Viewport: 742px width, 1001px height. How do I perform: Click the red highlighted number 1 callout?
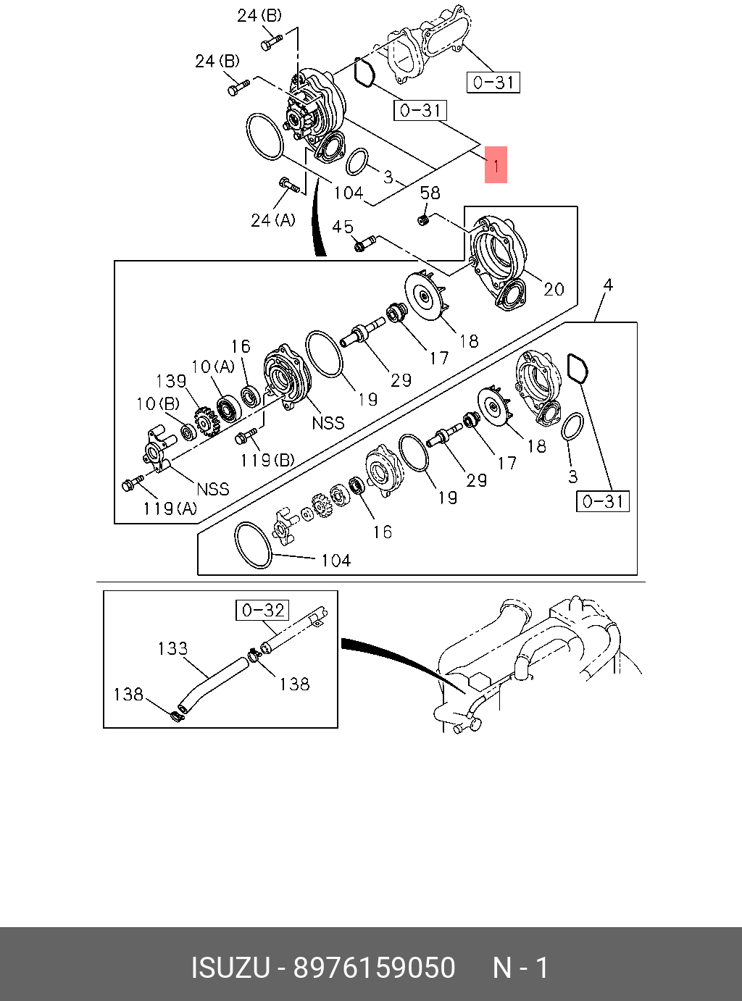pyautogui.click(x=496, y=165)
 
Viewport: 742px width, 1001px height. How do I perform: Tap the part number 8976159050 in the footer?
pyautogui.click(x=374, y=968)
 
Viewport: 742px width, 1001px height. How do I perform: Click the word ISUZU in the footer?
pyautogui.click(x=230, y=968)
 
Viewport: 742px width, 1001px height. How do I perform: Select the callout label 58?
pyautogui.click(x=430, y=193)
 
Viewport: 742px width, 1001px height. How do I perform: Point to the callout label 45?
pyautogui.click(x=343, y=227)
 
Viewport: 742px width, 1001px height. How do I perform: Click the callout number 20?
pyautogui.click(x=554, y=289)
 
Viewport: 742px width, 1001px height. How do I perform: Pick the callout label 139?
pyautogui.click(x=171, y=381)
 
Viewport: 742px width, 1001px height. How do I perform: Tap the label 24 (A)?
pyautogui.click(x=273, y=219)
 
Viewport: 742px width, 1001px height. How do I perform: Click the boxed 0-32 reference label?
pyautogui.click(x=262, y=611)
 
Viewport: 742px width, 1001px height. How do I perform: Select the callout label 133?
pyautogui.click(x=172, y=648)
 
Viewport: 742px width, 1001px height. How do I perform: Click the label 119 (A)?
pyautogui.click(x=170, y=508)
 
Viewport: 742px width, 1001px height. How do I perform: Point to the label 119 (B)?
pyautogui.click(x=267, y=460)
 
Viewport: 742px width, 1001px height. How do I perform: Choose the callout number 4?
pyautogui.click(x=608, y=285)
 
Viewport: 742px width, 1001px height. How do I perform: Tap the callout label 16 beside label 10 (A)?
pyautogui.click(x=241, y=347)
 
